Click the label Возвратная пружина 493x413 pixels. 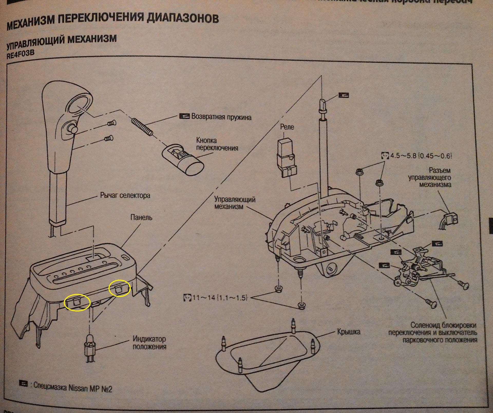coord(221,117)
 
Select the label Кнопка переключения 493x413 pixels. coord(217,144)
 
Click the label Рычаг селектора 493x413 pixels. coord(125,196)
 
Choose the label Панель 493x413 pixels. coord(141,218)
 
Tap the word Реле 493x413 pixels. coord(287,127)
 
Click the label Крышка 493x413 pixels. coord(349,332)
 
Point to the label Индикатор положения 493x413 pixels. coord(149,343)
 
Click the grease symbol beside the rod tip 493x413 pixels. coord(344,95)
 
